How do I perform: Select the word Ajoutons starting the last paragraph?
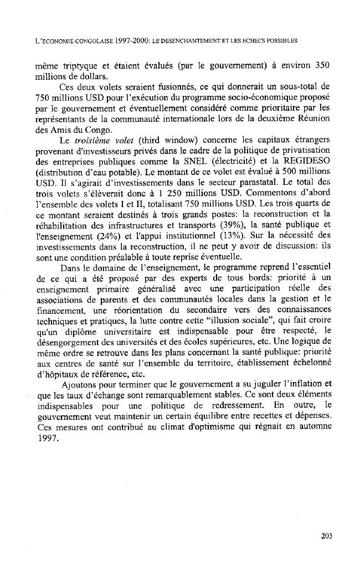[x=80, y=385]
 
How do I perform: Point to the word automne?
[x=313, y=426]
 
